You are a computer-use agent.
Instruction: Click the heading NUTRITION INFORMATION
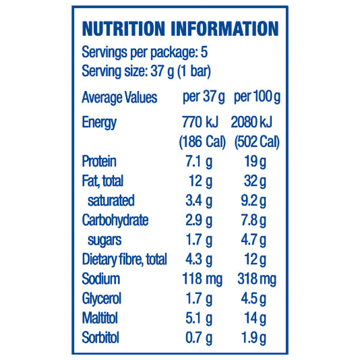[x=180, y=29]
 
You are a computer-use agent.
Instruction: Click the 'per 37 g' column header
[x=203, y=97]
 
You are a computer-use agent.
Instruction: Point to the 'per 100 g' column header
[x=257, y=97]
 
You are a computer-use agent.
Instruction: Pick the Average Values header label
[x=119, y=97]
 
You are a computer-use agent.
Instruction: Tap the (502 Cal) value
[x=256, y=142]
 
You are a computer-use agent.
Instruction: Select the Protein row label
[x=99, y=161]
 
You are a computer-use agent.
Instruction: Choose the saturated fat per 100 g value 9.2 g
[x=256, y=200]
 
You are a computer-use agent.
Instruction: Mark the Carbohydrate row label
[x=115, y=220]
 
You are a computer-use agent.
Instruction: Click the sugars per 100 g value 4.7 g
[x=256, y=240]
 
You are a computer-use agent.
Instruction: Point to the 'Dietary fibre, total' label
[x=124, y=260]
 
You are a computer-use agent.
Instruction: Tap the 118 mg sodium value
[x=202, y=279]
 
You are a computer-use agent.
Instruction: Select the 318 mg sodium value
[x=256, y=279]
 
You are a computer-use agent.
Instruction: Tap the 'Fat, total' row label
[x=103, y=181]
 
